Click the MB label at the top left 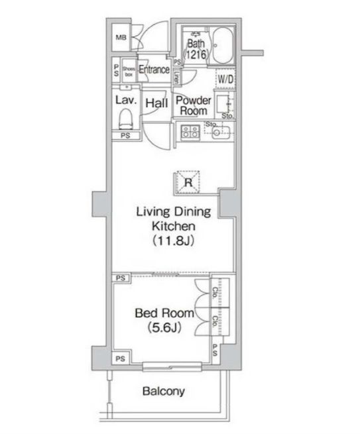click(121, 36)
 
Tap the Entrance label click(154, 70)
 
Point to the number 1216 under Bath click(196, 57)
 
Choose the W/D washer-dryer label click(226, 80)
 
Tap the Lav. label click(125, 101)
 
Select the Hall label click(156, 103)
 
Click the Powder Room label click(194, 105)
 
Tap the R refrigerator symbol click(188, 181)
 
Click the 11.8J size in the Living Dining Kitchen click(173, 241)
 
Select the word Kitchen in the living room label click(173, 227)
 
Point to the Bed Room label click(164, 313)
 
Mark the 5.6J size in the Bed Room click(164, 327)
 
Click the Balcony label click(163, 391)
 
